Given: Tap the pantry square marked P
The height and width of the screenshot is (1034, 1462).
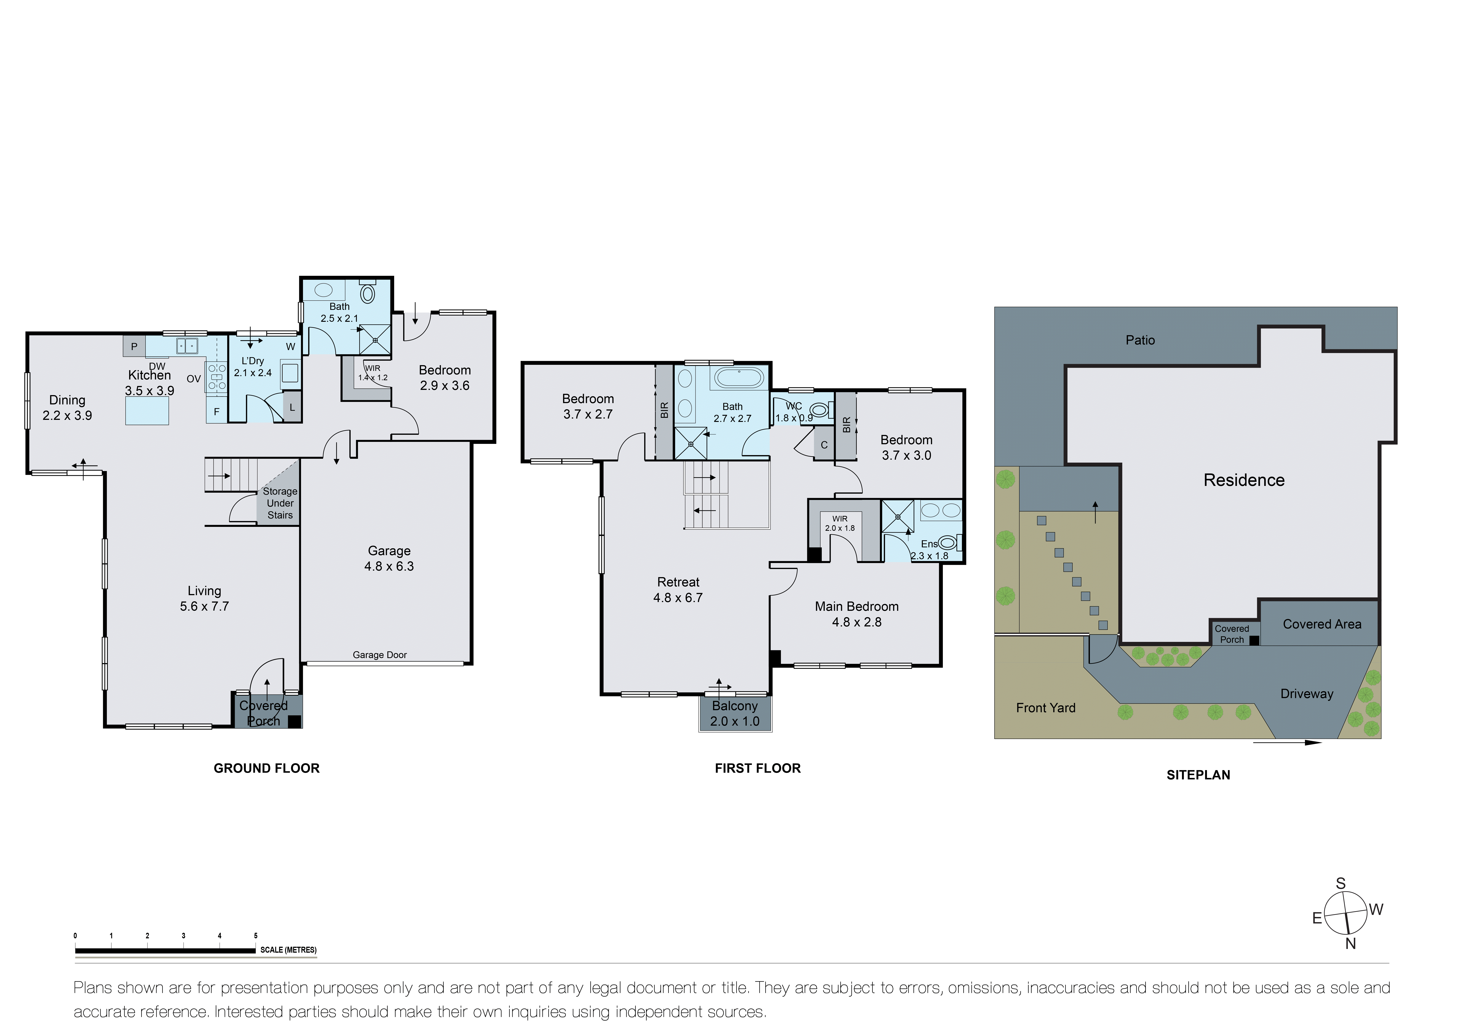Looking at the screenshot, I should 134,347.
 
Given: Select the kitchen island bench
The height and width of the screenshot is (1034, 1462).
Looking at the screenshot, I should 147,411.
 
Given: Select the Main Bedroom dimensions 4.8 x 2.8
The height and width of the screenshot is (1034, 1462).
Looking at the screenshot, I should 857,622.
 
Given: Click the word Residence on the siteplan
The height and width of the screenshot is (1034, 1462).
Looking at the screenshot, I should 1244,480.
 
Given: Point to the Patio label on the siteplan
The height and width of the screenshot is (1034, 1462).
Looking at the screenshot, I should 1140,340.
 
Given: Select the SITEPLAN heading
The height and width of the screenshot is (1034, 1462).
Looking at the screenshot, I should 1198,775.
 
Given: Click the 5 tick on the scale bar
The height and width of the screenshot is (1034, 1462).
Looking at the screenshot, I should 255,936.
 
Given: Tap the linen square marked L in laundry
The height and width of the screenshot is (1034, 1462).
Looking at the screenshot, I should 292,408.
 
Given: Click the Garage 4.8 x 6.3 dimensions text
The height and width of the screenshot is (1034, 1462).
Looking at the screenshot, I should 389,566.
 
